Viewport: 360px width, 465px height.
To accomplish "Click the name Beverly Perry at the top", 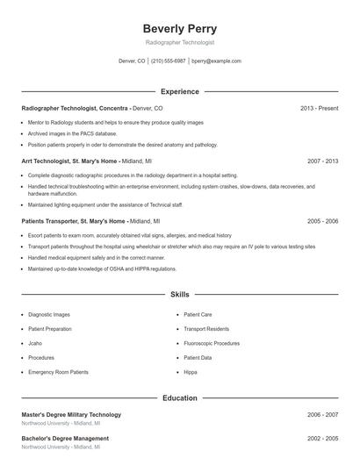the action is [179, 28].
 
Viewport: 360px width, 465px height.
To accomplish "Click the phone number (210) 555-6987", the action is [168, 61].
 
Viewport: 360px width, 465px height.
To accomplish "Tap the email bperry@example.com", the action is [216, 61].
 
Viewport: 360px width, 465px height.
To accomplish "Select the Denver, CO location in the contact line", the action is [132, 61].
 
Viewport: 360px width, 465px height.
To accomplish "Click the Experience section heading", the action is [179, 91].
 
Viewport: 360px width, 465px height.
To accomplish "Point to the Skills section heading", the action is [179, 295].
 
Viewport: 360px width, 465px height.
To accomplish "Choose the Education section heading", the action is [179, 397].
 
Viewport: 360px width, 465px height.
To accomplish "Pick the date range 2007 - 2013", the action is [322, 161].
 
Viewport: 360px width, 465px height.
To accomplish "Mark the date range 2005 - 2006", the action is [322, 221].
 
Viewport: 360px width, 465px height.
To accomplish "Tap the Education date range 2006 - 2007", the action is [322, 414].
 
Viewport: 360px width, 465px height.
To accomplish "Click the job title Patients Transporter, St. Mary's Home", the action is [75, 221].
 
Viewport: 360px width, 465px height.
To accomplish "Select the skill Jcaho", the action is [36, 343].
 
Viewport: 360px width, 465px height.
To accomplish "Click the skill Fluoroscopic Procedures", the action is [211, 343].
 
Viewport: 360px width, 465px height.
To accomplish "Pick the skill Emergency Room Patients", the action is [58, 372].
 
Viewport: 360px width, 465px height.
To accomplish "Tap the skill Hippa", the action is [191, 372].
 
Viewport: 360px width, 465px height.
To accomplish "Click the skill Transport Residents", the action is [205, 329].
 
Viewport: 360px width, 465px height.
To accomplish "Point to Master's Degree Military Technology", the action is [71, 414].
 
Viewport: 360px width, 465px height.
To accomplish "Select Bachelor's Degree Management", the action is [65, 438].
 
